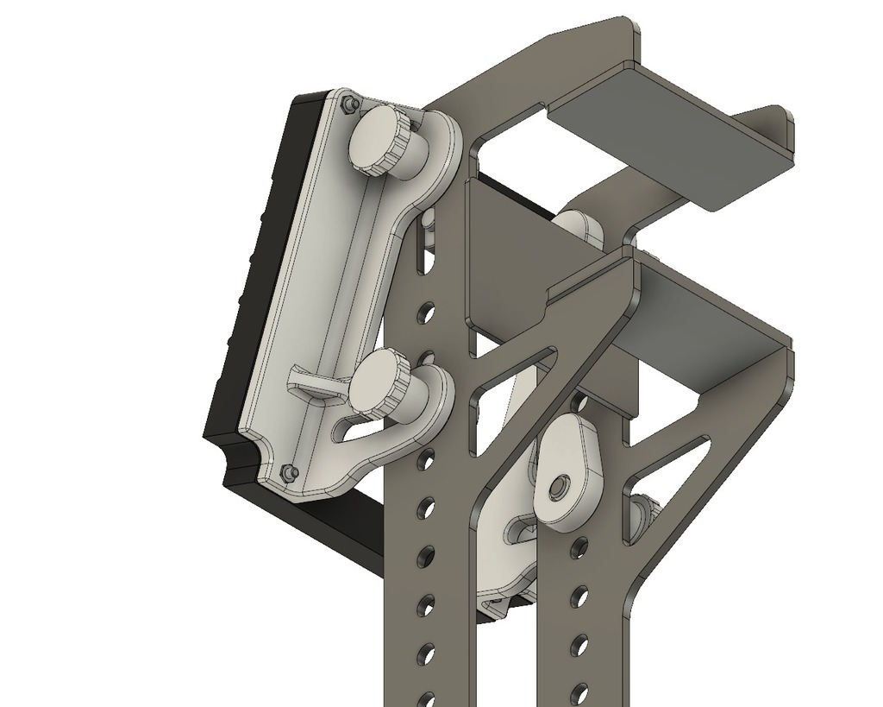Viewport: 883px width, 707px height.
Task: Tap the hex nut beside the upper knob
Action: [x=348, y=104]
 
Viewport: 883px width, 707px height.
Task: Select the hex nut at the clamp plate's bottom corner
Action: [x=290, y=471]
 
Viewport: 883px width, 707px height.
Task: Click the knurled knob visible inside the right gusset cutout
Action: [x=645, y=516]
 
